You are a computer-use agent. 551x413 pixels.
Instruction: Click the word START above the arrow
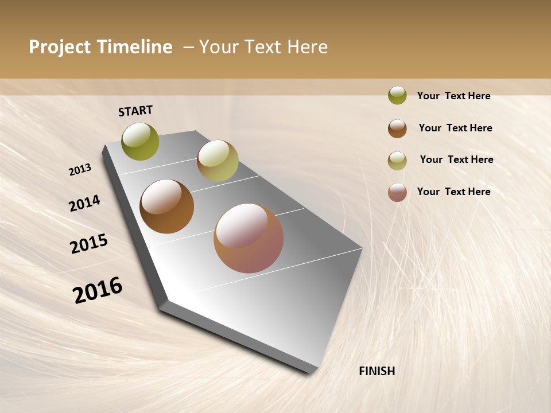135,111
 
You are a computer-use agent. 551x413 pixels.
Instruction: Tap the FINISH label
377,371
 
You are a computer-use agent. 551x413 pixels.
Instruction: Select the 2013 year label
80,169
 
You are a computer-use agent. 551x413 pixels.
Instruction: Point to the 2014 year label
84,203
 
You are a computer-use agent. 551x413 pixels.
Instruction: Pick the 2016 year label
98,290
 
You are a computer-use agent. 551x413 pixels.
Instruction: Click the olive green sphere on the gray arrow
141,141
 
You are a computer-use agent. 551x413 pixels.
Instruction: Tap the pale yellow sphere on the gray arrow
218,161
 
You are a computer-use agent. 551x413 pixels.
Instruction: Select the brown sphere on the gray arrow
166,206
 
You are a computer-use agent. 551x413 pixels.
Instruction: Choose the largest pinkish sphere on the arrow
249,238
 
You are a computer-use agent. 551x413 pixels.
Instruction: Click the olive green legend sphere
397,95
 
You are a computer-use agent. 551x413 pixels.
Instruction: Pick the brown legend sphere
397,128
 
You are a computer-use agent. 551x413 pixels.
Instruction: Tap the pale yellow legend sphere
397,161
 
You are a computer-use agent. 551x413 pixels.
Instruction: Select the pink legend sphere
397,192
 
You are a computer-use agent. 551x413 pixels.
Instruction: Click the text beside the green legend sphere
453,96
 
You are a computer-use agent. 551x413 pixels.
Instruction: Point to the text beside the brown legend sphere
455,128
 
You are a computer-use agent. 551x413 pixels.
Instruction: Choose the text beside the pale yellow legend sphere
456,159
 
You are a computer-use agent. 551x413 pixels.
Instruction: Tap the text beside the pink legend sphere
453,192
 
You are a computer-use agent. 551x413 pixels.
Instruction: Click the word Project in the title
60,47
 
